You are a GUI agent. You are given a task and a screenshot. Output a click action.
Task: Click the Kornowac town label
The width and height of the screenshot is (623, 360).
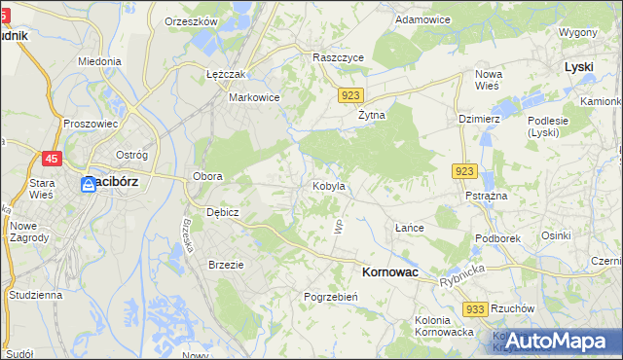(389, 273)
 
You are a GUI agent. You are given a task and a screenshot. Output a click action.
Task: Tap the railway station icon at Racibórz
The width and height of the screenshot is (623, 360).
(88, 183)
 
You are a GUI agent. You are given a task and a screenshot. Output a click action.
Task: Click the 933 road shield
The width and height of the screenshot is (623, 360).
(475, 308)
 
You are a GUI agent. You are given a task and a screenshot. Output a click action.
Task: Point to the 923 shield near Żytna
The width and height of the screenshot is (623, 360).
(352, 95)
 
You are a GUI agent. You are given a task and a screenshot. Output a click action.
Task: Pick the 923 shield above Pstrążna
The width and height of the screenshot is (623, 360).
(463, 171)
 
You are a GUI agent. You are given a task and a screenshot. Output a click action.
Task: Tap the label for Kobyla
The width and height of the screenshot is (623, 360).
(328, 186)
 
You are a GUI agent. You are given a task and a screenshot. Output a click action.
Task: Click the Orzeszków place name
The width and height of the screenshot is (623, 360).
(191, 20)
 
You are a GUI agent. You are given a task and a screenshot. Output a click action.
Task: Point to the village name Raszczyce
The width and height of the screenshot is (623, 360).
(338, 58)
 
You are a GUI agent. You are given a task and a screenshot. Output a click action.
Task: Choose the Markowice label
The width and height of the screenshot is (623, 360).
(254, 97)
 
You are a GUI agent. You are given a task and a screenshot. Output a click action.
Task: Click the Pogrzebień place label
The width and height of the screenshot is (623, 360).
(333, 297)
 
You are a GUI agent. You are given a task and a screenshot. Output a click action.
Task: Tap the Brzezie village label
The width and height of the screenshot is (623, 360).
(226, 265)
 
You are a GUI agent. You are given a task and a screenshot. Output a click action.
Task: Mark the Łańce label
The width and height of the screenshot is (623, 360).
(410, 228)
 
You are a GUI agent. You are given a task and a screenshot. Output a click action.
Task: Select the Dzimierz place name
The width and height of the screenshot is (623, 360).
(478, 119)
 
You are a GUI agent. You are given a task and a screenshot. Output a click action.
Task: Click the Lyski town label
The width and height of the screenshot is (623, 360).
(579, 67)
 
